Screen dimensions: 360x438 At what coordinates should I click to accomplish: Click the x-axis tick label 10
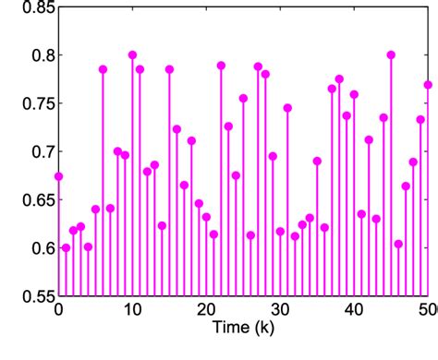[x=132, y=310]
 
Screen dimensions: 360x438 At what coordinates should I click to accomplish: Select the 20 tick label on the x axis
[x=206, y=310]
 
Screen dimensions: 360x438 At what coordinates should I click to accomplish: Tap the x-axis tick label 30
[x=280, y=310]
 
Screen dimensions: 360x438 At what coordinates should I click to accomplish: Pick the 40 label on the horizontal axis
[x=354, y=310]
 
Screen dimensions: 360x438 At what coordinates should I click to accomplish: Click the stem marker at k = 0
[x=58, y=175]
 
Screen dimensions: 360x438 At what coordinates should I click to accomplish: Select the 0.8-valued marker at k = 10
[x=132, y=55]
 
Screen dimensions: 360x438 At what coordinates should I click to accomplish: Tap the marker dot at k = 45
[x=391, y=55]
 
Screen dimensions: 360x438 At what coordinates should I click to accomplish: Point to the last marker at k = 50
[x=428, y=85]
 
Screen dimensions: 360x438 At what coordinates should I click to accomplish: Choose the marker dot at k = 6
[x=103, y=69]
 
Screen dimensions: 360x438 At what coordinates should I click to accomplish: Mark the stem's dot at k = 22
[x=221, y=66]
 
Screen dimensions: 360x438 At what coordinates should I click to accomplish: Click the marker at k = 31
[x=287, y=108]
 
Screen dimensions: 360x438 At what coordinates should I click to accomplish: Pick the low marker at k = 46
[x=398, y=244]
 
